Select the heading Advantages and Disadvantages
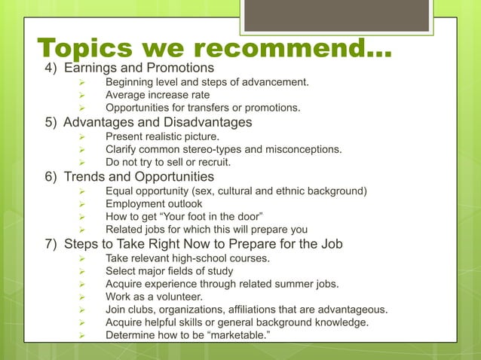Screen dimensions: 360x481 pyautogui.click(x=158, y=122)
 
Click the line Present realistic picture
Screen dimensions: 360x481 pyautogui.click(x=162, y=136)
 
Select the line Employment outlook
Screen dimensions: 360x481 pyautogui.click(x=154, y=203)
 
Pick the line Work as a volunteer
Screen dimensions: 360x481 pyautogui.click(x=154, y=297)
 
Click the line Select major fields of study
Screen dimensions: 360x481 pyautogui.click(x=169, y=270)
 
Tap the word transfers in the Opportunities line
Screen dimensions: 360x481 pyautogui.click(x=216, y=108)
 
